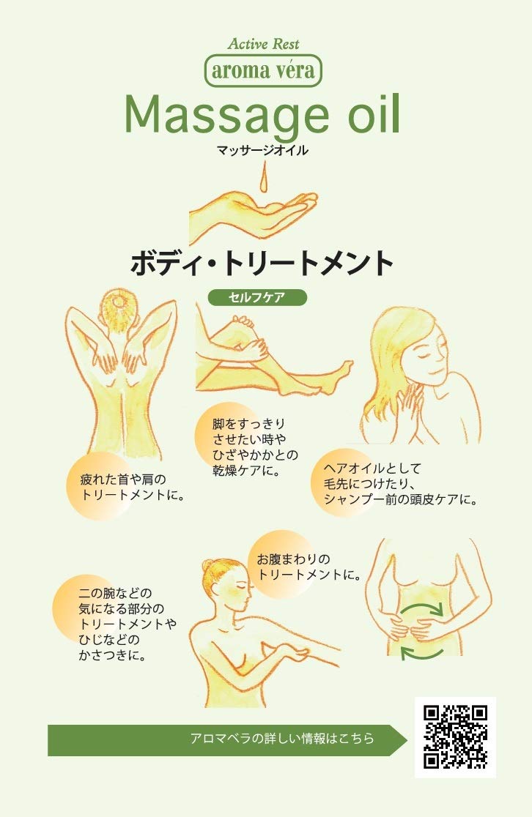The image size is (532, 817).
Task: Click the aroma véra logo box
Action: (x=263, y=70)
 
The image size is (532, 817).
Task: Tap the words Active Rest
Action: (x=263, y=44)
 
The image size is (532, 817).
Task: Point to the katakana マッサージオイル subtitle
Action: (x=262, y=151)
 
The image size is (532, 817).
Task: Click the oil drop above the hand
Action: (x=264, y=176)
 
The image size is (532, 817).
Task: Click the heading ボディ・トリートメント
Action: (x=262, y=263)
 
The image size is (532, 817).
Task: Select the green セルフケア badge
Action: (x=257, y=297)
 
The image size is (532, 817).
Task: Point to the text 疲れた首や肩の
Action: (x=123, y=479)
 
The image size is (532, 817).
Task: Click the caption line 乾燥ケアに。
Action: (x=247, y=471)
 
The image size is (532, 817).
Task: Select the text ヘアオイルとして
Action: (x=372, y=469)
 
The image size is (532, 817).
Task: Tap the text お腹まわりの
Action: (x=293, y=559)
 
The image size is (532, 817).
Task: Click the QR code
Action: (x=455, y=736)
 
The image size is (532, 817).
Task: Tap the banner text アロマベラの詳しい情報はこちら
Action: (x=282, y=739)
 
